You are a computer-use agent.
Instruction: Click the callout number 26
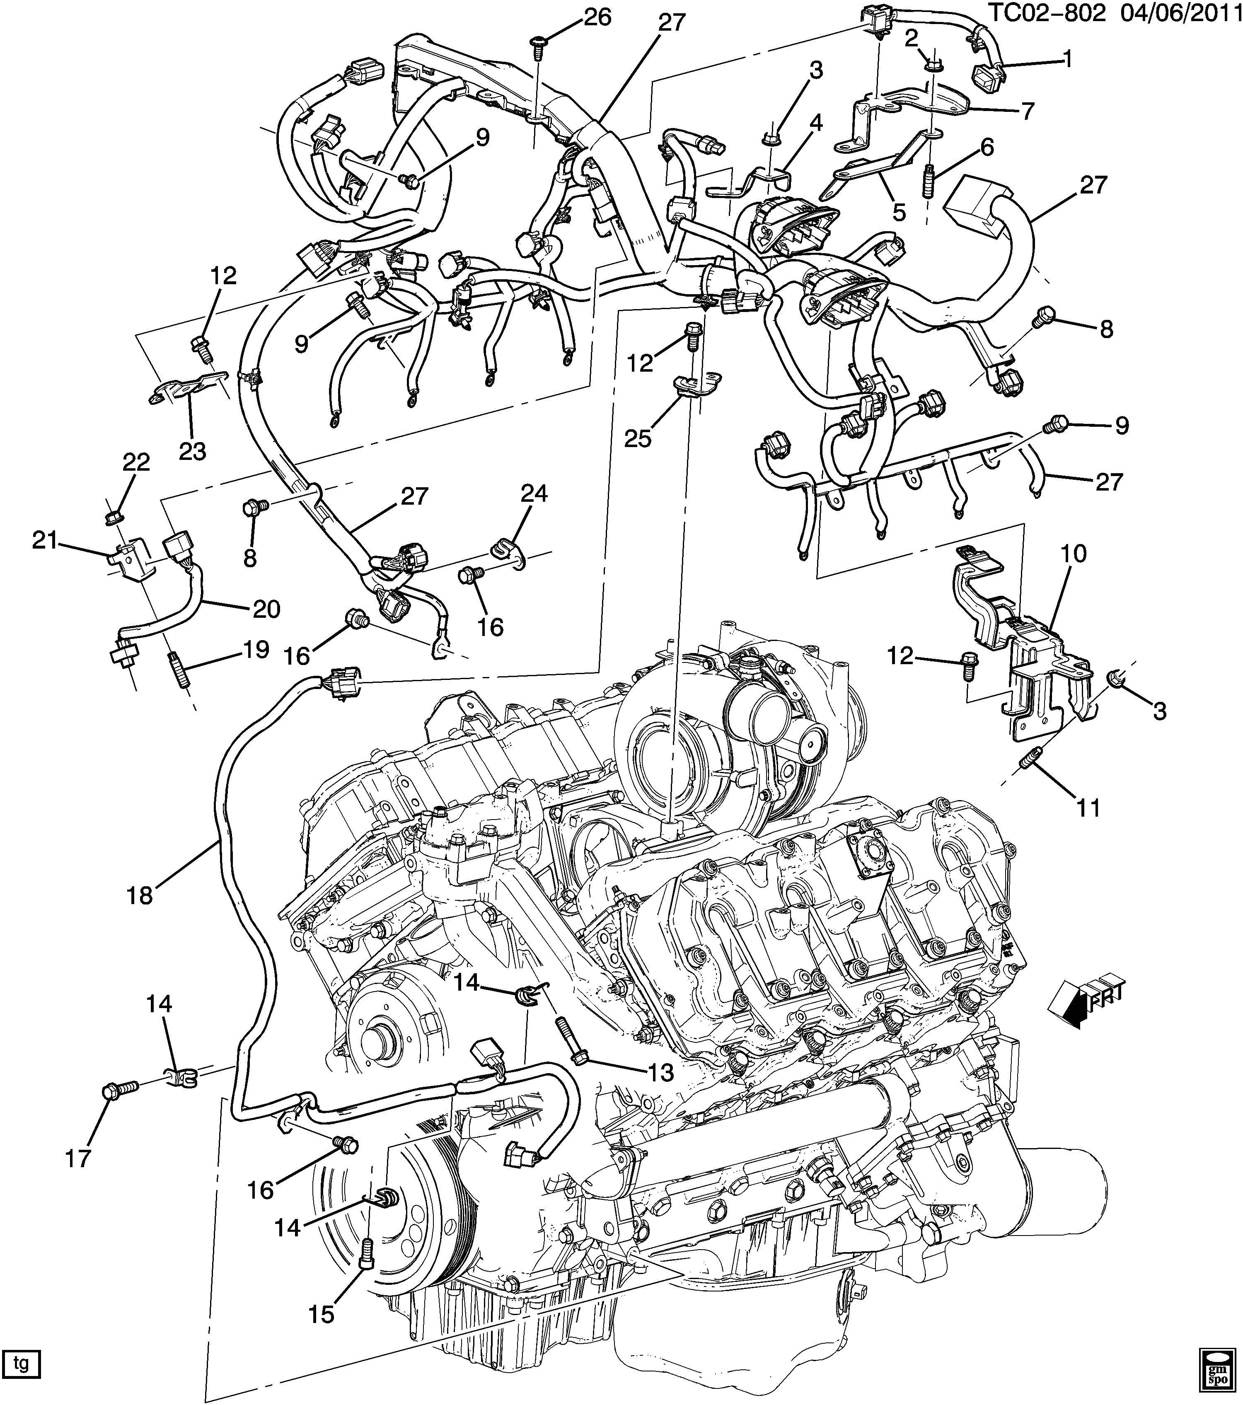coord(597,17)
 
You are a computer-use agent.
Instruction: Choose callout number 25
coord(638,438)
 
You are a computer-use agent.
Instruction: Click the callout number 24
coord(534,493)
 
